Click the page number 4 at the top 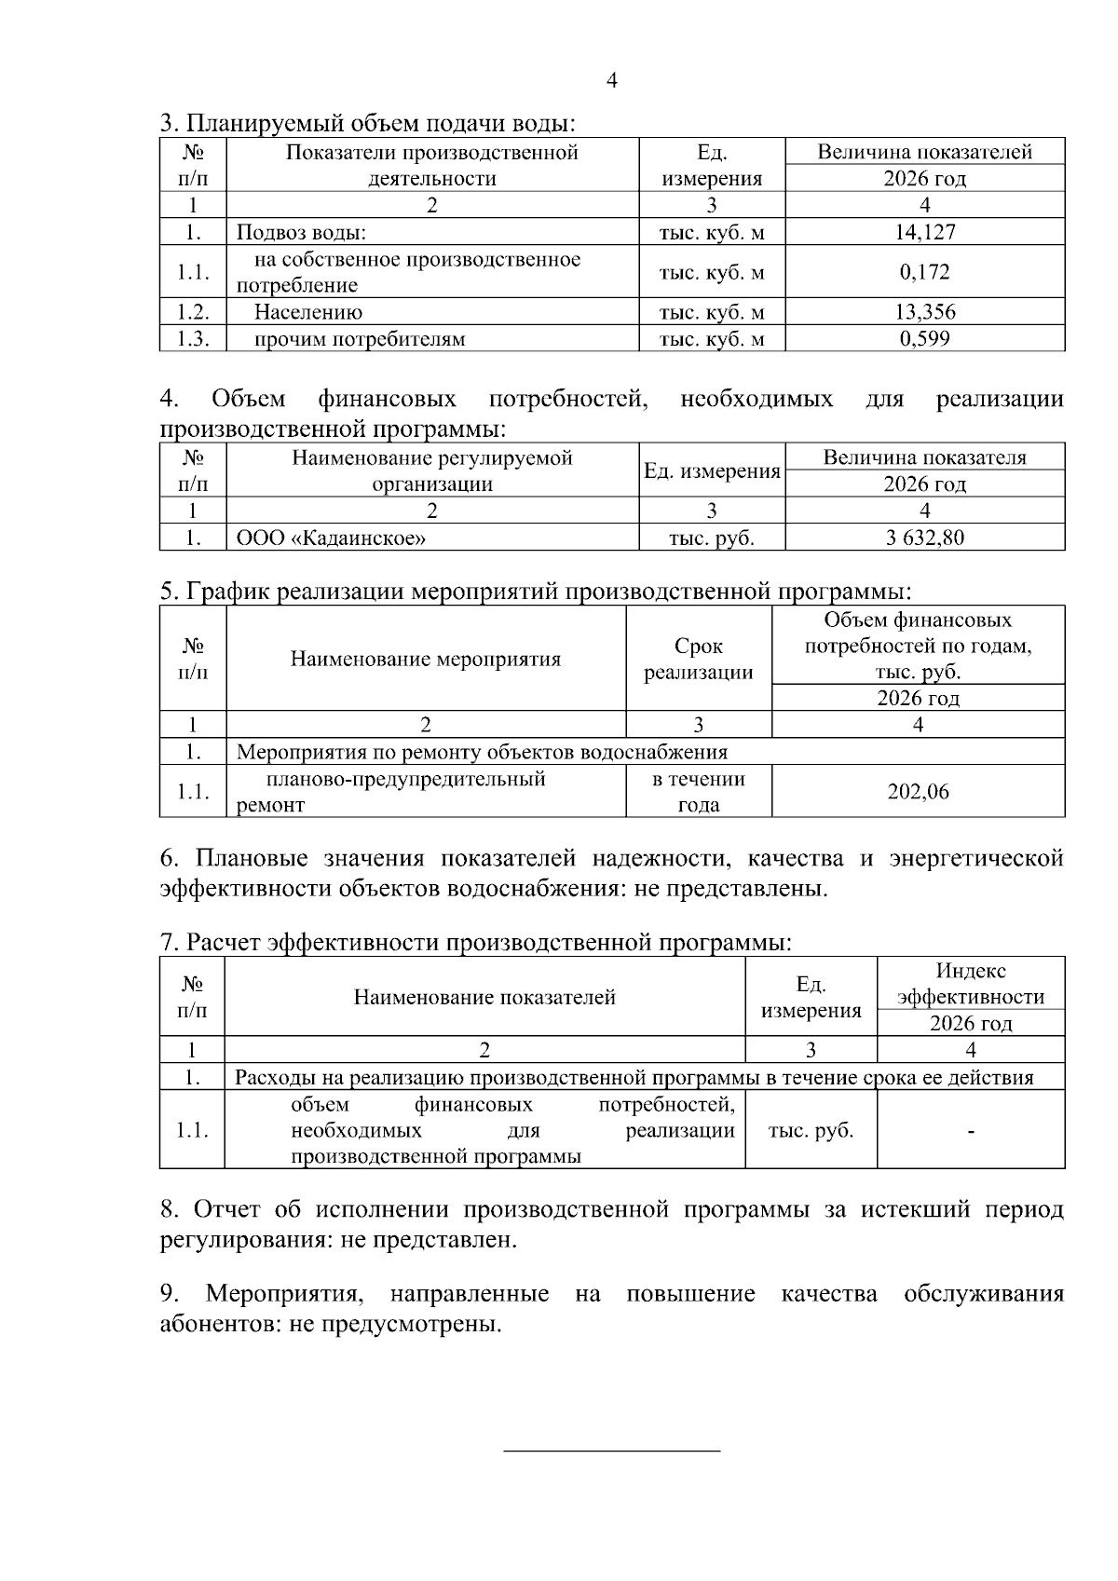(611, 81)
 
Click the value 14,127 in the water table (924, 232)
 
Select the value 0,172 (924, 272)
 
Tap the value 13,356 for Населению (924, 312)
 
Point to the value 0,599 (924, 338)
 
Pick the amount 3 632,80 (924, 538)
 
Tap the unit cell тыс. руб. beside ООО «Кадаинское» (712, 538)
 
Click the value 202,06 (918, 792)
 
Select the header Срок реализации (698, 659)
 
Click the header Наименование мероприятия (426, 660)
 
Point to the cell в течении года (698, 792)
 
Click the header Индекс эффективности (970, 984)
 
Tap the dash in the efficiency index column (971, 1131)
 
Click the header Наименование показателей (484, 998)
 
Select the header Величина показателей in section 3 (924, 152)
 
